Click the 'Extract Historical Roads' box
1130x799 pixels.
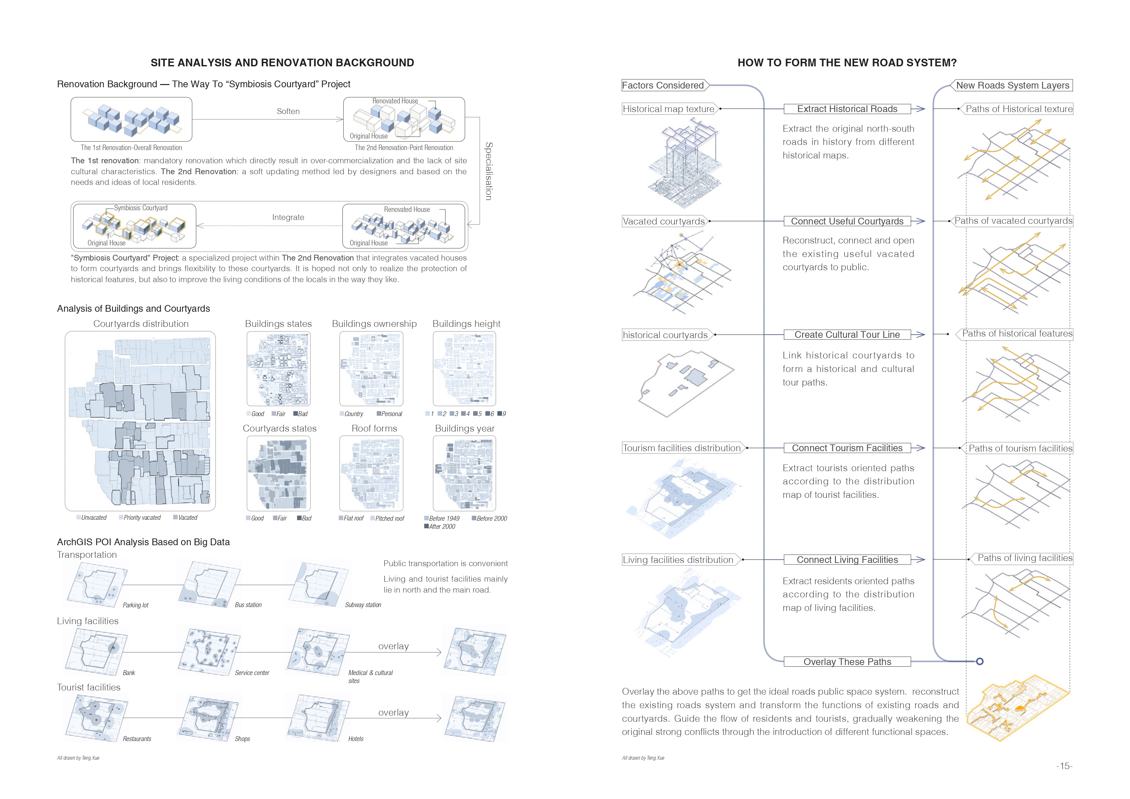point(847,109)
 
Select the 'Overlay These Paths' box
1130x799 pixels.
point(847,662)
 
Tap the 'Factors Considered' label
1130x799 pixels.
point(663,85)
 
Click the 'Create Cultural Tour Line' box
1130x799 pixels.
point(847,335)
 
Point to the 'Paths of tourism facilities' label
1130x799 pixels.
point(1020,448)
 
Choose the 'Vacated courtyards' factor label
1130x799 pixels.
point(664,221)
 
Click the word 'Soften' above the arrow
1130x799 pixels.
point(288,111)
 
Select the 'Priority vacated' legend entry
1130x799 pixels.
point(141,518)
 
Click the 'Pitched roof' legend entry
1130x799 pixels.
point(389,518)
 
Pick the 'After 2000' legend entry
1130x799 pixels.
point(442,527)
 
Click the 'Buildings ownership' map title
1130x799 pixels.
point(374,324)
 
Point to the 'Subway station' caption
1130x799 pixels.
point(363,605)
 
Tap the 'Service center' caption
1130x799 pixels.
point(252,672)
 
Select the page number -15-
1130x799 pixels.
point(1064,766)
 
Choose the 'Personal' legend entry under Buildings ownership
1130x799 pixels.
point(391,414)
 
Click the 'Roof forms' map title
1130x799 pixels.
point(374,429)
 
